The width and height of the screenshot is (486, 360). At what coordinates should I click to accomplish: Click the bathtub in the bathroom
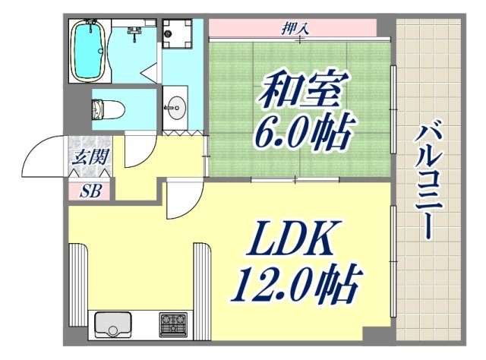pos(88,51)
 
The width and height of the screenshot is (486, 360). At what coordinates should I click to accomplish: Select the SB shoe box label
pos(90,191)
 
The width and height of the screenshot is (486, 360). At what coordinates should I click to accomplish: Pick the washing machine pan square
pos(178,33)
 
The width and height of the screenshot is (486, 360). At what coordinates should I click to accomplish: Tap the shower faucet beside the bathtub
pos(134,31)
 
